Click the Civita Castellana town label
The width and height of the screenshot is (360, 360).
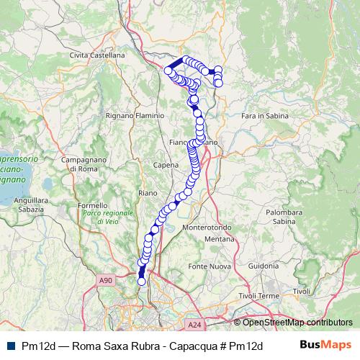pyautogui.click(x=97, y=55)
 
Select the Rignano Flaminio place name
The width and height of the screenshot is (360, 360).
pyautogui.click(x=135, y=114)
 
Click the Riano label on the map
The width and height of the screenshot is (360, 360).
pyautogui.click(x=147, y=193)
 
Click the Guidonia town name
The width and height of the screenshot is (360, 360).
pyautogui.click(x=264, y=266)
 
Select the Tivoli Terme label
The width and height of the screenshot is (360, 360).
pyautogui.click(x=258, y=296)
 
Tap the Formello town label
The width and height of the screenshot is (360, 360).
pyautogui.click(x=91, y=205)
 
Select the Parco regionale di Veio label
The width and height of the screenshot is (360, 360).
pyautogui.click(x=109, y=217)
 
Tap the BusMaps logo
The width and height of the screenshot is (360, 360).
pyautogui.click(x=325, y=344)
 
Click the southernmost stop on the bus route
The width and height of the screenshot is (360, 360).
pyautogui.click(x=141, y=282)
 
